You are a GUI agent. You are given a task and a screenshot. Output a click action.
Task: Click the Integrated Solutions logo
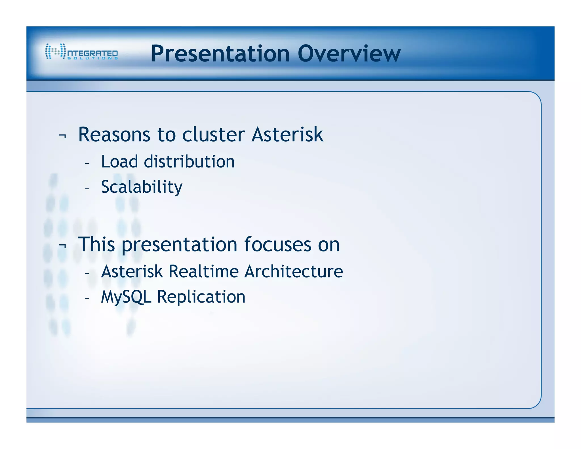pos(81,51)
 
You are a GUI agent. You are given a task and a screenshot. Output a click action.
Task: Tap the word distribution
pos(190,162)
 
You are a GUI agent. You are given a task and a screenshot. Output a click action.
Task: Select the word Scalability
pos(142,187)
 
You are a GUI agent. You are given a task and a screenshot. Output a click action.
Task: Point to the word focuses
pos(277,244)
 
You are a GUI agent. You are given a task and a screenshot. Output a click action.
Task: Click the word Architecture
pos(294,271)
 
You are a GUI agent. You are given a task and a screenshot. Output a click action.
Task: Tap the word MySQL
pos(126,297)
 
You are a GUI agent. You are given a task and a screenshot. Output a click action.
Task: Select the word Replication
pos(201,297)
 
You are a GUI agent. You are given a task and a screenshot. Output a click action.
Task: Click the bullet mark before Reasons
pos(62,136)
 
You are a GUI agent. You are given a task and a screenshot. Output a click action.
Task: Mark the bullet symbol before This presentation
pos(62,246)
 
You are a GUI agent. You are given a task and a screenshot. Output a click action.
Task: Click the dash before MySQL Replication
pos(87,298)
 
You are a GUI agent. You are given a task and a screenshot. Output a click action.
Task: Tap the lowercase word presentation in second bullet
pos(180,245)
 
